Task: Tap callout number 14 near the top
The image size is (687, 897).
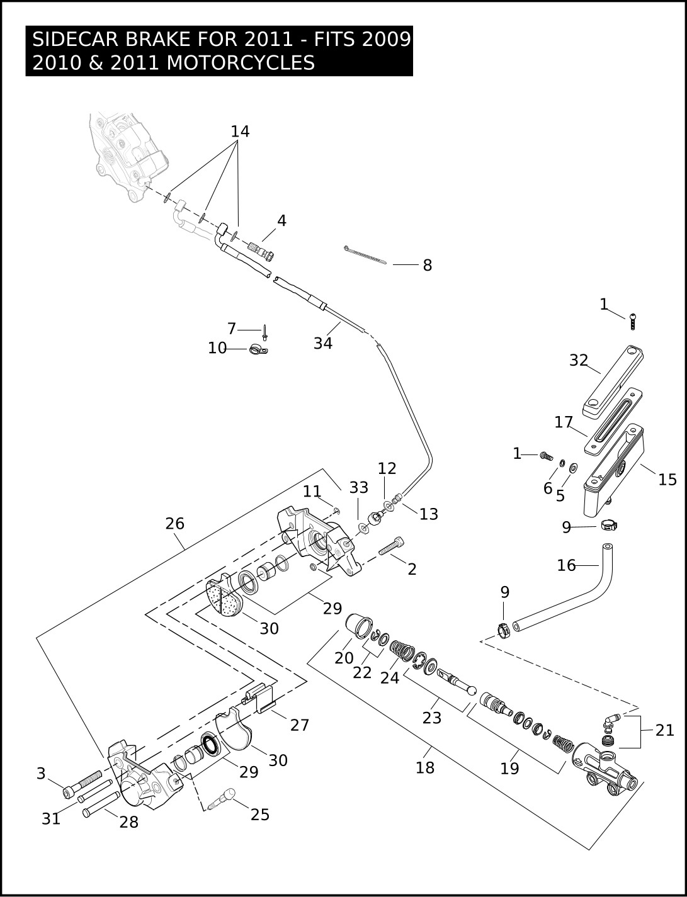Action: pyautogui.click(x=240, y=132)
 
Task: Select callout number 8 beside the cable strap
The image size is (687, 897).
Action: pyautogui.click(x=428, y=266)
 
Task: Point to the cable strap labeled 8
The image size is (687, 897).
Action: pyautogui.click(x=365, y=255)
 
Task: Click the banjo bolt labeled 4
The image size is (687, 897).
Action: pyautogui.click(x=261, y=251)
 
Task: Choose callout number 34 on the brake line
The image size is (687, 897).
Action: pyautogui.click(x=323, y=343)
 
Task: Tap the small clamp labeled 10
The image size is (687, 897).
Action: pyautogui.click(x=258, y=350)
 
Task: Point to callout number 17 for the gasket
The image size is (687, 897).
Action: pyautogui.click(x=563, y=422)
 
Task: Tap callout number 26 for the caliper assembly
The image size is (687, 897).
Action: pyautogui.click(x=174, y=524)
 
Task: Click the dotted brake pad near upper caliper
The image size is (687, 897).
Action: pyautogui.click(x=225, y=597)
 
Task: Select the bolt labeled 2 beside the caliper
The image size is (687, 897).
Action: pyautogui.click(x=391, y=546)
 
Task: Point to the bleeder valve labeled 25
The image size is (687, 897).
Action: pyautogui.click(x=222, y=799)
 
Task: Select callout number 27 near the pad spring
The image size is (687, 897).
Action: pyautogui.click(x=300, y=725)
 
